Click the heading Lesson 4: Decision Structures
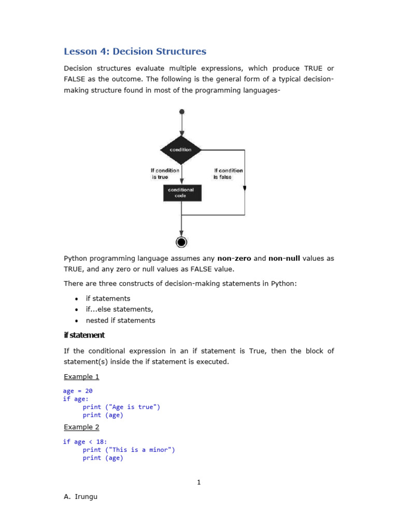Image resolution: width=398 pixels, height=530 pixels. (135, 51)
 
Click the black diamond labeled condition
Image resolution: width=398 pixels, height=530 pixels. (181, 150)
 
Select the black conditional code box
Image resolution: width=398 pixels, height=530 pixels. (181, 193)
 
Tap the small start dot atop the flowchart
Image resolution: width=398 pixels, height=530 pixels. (181, 111)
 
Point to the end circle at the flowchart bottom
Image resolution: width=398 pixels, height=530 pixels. (181, 242)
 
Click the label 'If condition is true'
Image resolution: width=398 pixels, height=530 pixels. (165, 173)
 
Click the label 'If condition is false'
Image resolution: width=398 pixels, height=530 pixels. (228, 173)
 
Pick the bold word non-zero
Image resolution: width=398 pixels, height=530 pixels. (234, 258)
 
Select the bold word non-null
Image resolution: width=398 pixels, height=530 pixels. (284, 258)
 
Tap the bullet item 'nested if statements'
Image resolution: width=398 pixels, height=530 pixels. (120, 320)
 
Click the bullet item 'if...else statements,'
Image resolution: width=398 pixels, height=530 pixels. (119, 310)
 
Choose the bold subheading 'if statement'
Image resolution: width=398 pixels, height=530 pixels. (84, 335)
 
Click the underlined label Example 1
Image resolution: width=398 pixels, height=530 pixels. (81, 377)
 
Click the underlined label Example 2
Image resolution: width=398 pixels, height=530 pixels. (81, 427)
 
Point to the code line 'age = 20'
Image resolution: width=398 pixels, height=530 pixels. (78, 391)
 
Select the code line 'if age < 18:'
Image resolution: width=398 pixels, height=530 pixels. (85, 441)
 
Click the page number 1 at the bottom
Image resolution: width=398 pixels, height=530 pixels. (198, 482)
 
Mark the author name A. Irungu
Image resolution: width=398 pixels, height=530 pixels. (80, 497)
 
